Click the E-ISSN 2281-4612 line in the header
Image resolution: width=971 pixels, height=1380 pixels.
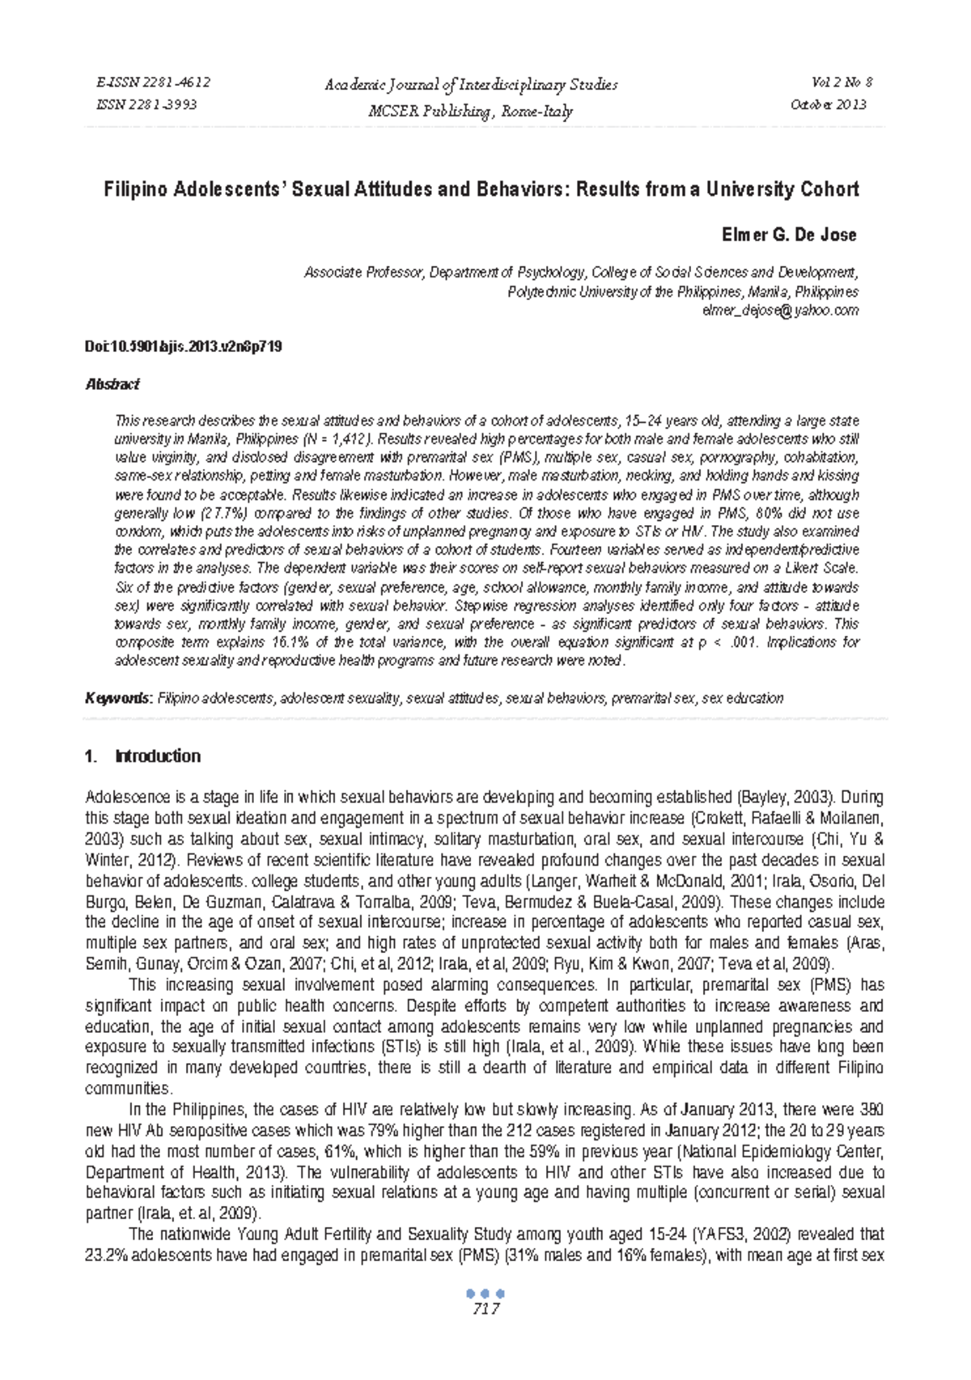pyautogui.click(x=153, y=83)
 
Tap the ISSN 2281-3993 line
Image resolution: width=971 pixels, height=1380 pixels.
pyautogui.click(x=146, y=104)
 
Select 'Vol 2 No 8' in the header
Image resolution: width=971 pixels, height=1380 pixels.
pyautogui.click(x=842, y=83)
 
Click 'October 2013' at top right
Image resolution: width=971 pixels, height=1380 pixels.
pyautogui.click(x=828, y=104)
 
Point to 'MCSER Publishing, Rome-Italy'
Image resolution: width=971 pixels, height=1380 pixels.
pyautogui.click(x=470, y=112)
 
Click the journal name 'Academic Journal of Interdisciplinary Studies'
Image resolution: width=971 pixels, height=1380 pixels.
pyautogui.click(x=470, y=85)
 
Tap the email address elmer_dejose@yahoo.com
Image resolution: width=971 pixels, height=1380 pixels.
pyautogui.click(x=780, y=311)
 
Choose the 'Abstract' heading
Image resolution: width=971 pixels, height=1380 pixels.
pyautogui.click(x=112, y=385)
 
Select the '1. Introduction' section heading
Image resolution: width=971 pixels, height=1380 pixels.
pyautogui.click(x=142, y=756)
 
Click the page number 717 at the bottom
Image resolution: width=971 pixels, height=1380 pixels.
pyautogui.click(x=485, y=1310)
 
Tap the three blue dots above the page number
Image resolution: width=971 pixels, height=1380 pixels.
pyautogui.click(x=485, y=1293)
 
